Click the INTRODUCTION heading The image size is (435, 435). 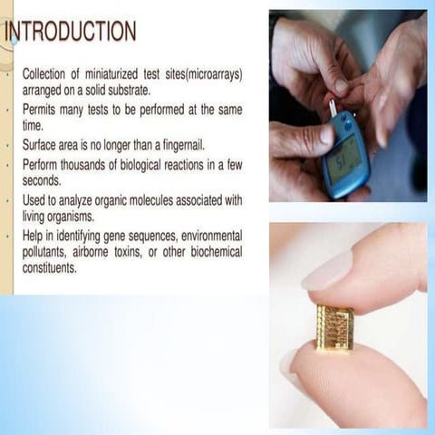(x=71, y=33)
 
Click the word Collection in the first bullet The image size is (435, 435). (x=47, y=73)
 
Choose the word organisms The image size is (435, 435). (x=92, y=217)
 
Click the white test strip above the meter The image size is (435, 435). (x=333, y=108)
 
